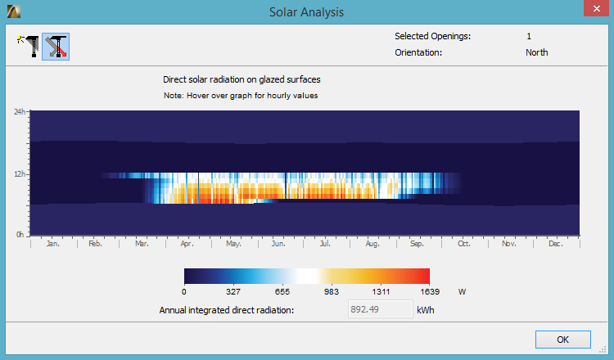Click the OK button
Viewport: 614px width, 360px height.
click(562, 339)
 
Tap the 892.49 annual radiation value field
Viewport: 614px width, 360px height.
click(375, 309)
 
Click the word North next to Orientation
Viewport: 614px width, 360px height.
click(536, 52)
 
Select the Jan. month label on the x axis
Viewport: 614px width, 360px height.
click(52, 244)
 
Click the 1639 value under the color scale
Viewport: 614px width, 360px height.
click(429, 290)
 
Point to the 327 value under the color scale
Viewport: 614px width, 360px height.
click(233, 290)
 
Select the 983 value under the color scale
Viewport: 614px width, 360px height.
click(331, 290)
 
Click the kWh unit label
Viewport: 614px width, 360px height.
click(427, 310)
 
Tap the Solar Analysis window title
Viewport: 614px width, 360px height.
click(306, 11)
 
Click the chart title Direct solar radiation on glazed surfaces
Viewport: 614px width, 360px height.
click(242, 79)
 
